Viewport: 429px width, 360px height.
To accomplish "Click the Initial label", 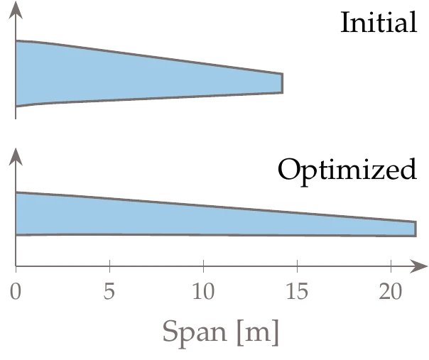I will tap(379, 23).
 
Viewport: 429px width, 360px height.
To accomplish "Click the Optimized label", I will tap(347, 170).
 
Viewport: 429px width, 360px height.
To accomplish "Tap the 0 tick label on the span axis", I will tap(16, 293).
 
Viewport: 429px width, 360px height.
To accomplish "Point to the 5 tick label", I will tap(109, 293).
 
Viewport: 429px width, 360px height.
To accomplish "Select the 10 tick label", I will tap(203, 293).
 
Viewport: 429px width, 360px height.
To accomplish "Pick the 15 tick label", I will tap(297, 293).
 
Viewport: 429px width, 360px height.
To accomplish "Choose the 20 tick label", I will tap(391, 293).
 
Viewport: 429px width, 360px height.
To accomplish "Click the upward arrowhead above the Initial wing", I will tap(16, 9).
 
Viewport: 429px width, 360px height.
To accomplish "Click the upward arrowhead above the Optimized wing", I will tap(16, 154).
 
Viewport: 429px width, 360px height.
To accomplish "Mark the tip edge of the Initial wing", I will tap(282, 83).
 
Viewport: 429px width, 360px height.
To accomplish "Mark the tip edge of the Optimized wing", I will tap(415, 229).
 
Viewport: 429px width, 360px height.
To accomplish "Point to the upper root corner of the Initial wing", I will tap(16, 41).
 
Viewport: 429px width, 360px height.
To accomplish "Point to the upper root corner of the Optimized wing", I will tap(16, 192).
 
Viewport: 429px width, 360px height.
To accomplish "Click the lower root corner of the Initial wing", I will tap(16, 107).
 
